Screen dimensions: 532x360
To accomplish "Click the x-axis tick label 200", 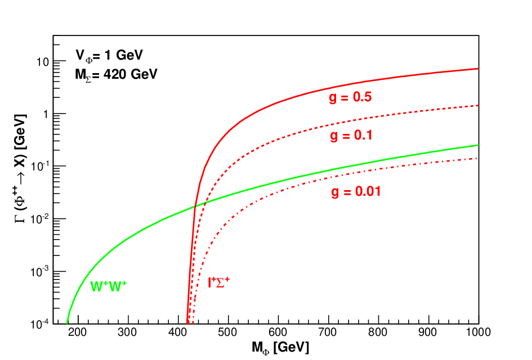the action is (x=77, y=332).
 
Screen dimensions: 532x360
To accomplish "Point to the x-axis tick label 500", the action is (x=227, y=332).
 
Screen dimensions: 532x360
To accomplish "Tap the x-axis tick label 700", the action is (x=328, y=332).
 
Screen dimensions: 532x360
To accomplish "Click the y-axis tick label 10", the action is (x=43, y=62).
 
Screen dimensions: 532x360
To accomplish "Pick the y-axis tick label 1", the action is (x=46, y=114).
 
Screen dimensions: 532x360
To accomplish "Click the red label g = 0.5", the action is (x=350, y=98).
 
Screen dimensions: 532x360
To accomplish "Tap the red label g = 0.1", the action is (x=351, y=136).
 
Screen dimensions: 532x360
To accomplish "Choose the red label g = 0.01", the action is (x=356, y=192).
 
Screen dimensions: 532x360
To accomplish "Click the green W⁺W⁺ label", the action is (x=108, y=286).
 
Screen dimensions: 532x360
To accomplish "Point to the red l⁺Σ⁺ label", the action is (x=219, y=282).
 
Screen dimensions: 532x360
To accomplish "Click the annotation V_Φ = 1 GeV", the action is (x=109, y=55).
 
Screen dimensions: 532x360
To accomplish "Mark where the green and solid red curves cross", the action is (x=195, y=206).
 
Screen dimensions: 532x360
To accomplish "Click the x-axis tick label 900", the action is (x=427, y=332).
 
